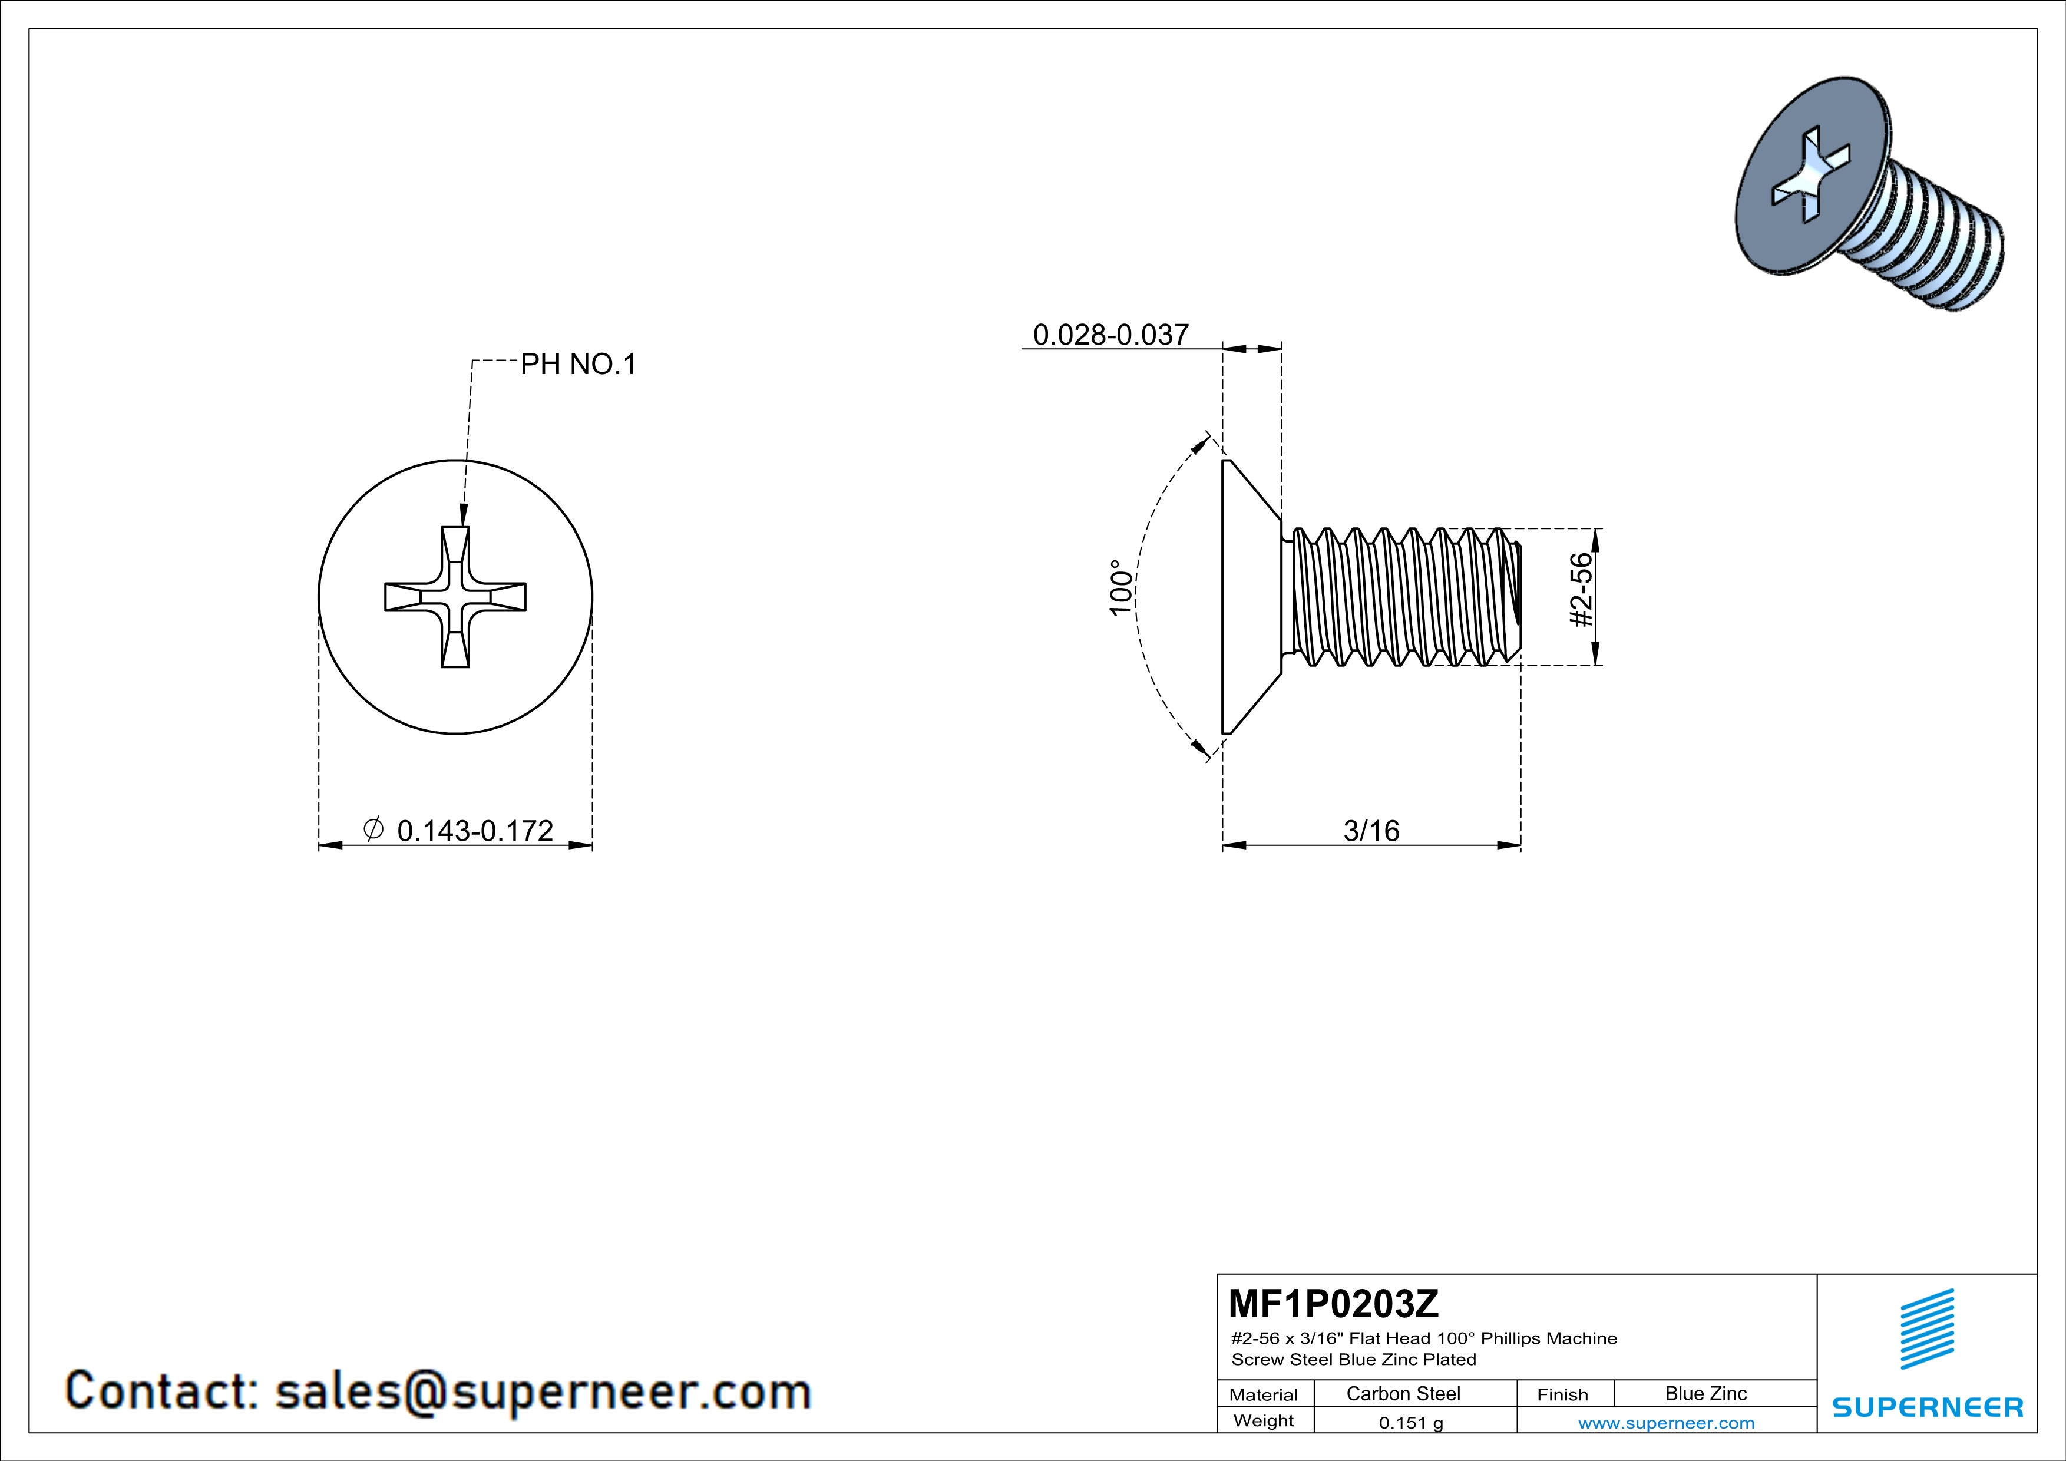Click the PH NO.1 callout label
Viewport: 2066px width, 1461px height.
point(578,364)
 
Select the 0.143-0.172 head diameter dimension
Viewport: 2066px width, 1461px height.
point(474,831)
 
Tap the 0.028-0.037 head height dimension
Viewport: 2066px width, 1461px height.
point(1110,335)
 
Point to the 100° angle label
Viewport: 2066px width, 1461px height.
point(1120,587)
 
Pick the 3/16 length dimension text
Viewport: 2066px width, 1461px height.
point(1371,831)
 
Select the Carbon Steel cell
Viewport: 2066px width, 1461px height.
point(1403,1393)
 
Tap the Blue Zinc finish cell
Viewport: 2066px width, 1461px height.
point(1705,1393)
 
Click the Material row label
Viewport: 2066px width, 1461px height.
point(1264,1394)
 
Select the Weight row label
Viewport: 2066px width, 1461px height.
point(1264,1420)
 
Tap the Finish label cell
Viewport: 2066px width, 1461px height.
point(1562,1394)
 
